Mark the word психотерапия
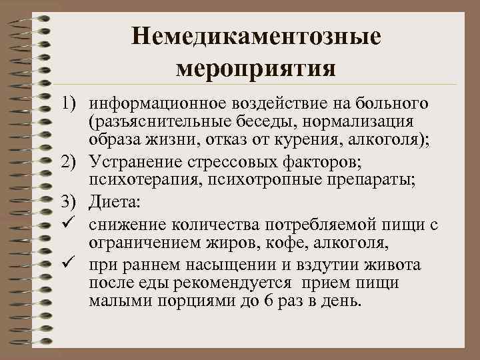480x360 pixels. coord(139,179)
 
